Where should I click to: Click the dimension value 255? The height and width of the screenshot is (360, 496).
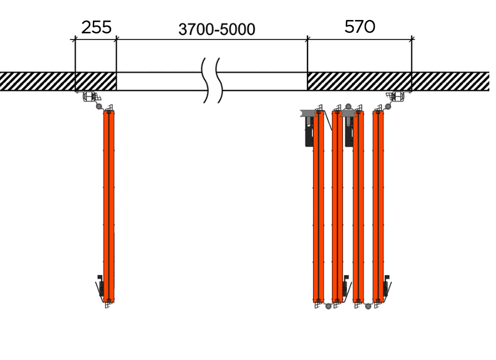97,27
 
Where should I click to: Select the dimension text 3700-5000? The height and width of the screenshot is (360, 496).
217,29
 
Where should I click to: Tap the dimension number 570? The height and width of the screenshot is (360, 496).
360,27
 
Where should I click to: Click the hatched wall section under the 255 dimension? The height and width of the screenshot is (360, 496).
96,81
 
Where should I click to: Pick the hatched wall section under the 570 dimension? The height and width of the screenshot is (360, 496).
359,81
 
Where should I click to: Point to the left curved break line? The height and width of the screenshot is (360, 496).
206,81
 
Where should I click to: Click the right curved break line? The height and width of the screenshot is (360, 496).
219,81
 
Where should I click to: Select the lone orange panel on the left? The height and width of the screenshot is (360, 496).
109,207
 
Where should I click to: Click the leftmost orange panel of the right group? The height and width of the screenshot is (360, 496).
319,207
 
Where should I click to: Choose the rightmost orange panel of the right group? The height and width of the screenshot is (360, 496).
378,207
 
